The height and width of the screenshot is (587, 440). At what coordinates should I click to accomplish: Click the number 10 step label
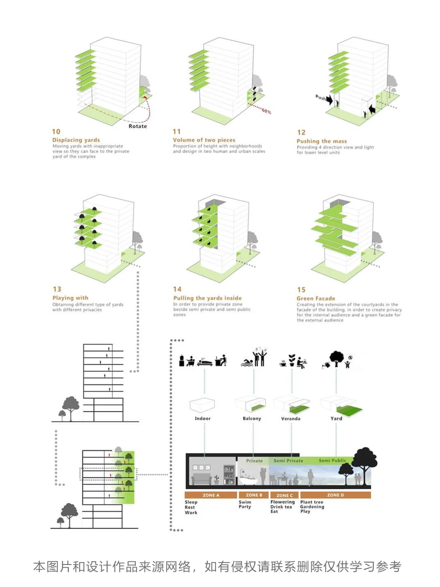click(x=56, y=132)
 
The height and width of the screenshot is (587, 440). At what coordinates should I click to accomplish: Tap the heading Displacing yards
click(x=76, y=140)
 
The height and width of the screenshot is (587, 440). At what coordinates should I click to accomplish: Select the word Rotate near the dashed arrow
click(x=138, y=126)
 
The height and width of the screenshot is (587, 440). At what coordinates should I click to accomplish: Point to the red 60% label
click(x=266, y=111)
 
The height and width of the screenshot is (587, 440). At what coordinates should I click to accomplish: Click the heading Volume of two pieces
click(x=204, y=140)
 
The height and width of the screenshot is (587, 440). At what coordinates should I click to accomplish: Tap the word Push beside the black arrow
click(x=321, y=97)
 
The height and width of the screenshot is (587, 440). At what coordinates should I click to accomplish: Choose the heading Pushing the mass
click(x=321, y=141)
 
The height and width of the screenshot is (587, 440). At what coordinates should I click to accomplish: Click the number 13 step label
click(x=57, y=289)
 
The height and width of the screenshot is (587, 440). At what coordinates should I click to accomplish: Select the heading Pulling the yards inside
click(x=207, y=298)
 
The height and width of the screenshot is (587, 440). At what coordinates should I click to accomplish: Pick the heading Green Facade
click(x=316, y=298)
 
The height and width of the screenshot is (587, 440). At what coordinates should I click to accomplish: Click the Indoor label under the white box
click(x=202, y=419)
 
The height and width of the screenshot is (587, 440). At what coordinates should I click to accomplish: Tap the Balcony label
click(x=252, y=419)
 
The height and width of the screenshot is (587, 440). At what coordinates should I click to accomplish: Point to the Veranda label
click(x=290, y=419)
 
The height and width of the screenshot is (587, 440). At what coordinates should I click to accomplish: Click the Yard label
click(x=336, y=419)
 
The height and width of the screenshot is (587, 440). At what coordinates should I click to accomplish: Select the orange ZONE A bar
click(x=211, y=495)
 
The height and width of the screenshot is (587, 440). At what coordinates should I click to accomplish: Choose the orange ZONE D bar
click(x=335, y=495)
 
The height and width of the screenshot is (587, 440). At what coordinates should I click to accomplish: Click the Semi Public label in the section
click(x=332, y=461)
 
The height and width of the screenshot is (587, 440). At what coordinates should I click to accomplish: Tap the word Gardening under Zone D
click(x=312, y=507)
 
